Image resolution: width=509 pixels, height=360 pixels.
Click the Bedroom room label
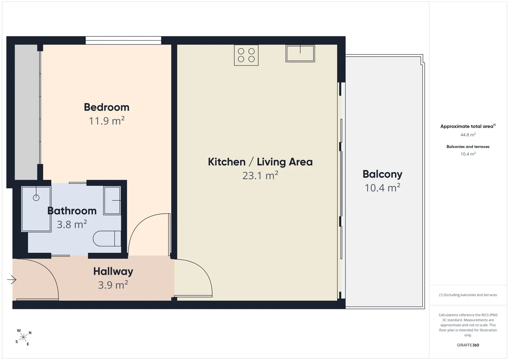tap(107, 107)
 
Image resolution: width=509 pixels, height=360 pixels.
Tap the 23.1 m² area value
tap(260, 175)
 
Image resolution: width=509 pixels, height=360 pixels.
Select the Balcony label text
tap(383, 175)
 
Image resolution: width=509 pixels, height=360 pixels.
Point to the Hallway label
tap(113, 272)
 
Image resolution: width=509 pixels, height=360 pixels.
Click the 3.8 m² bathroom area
tap(72, 224)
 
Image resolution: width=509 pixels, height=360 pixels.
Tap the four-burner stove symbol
tap(246, 55)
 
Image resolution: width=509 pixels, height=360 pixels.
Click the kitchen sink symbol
tap(300, 53)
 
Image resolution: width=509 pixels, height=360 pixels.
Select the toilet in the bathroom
tap(107, 238)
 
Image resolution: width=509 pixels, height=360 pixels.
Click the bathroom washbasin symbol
tap(112, 200)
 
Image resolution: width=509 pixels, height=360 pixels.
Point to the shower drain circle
tap(36, 198)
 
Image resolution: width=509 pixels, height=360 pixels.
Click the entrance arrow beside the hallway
tap(12, 280)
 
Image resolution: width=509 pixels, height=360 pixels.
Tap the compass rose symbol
tap(23, 337)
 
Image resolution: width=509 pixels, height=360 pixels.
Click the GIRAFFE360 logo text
tap(468, 345)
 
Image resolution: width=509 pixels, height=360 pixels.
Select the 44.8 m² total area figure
tap(468, 135)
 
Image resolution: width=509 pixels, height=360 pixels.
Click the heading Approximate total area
tap(468, 126)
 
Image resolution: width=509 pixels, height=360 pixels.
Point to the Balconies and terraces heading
tap(468, 147)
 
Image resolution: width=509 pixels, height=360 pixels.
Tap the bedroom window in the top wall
tap(123, 40)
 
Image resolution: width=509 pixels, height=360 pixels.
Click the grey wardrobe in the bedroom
tap(26, 112)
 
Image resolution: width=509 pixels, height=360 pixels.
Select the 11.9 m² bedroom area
tap(107, 121)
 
